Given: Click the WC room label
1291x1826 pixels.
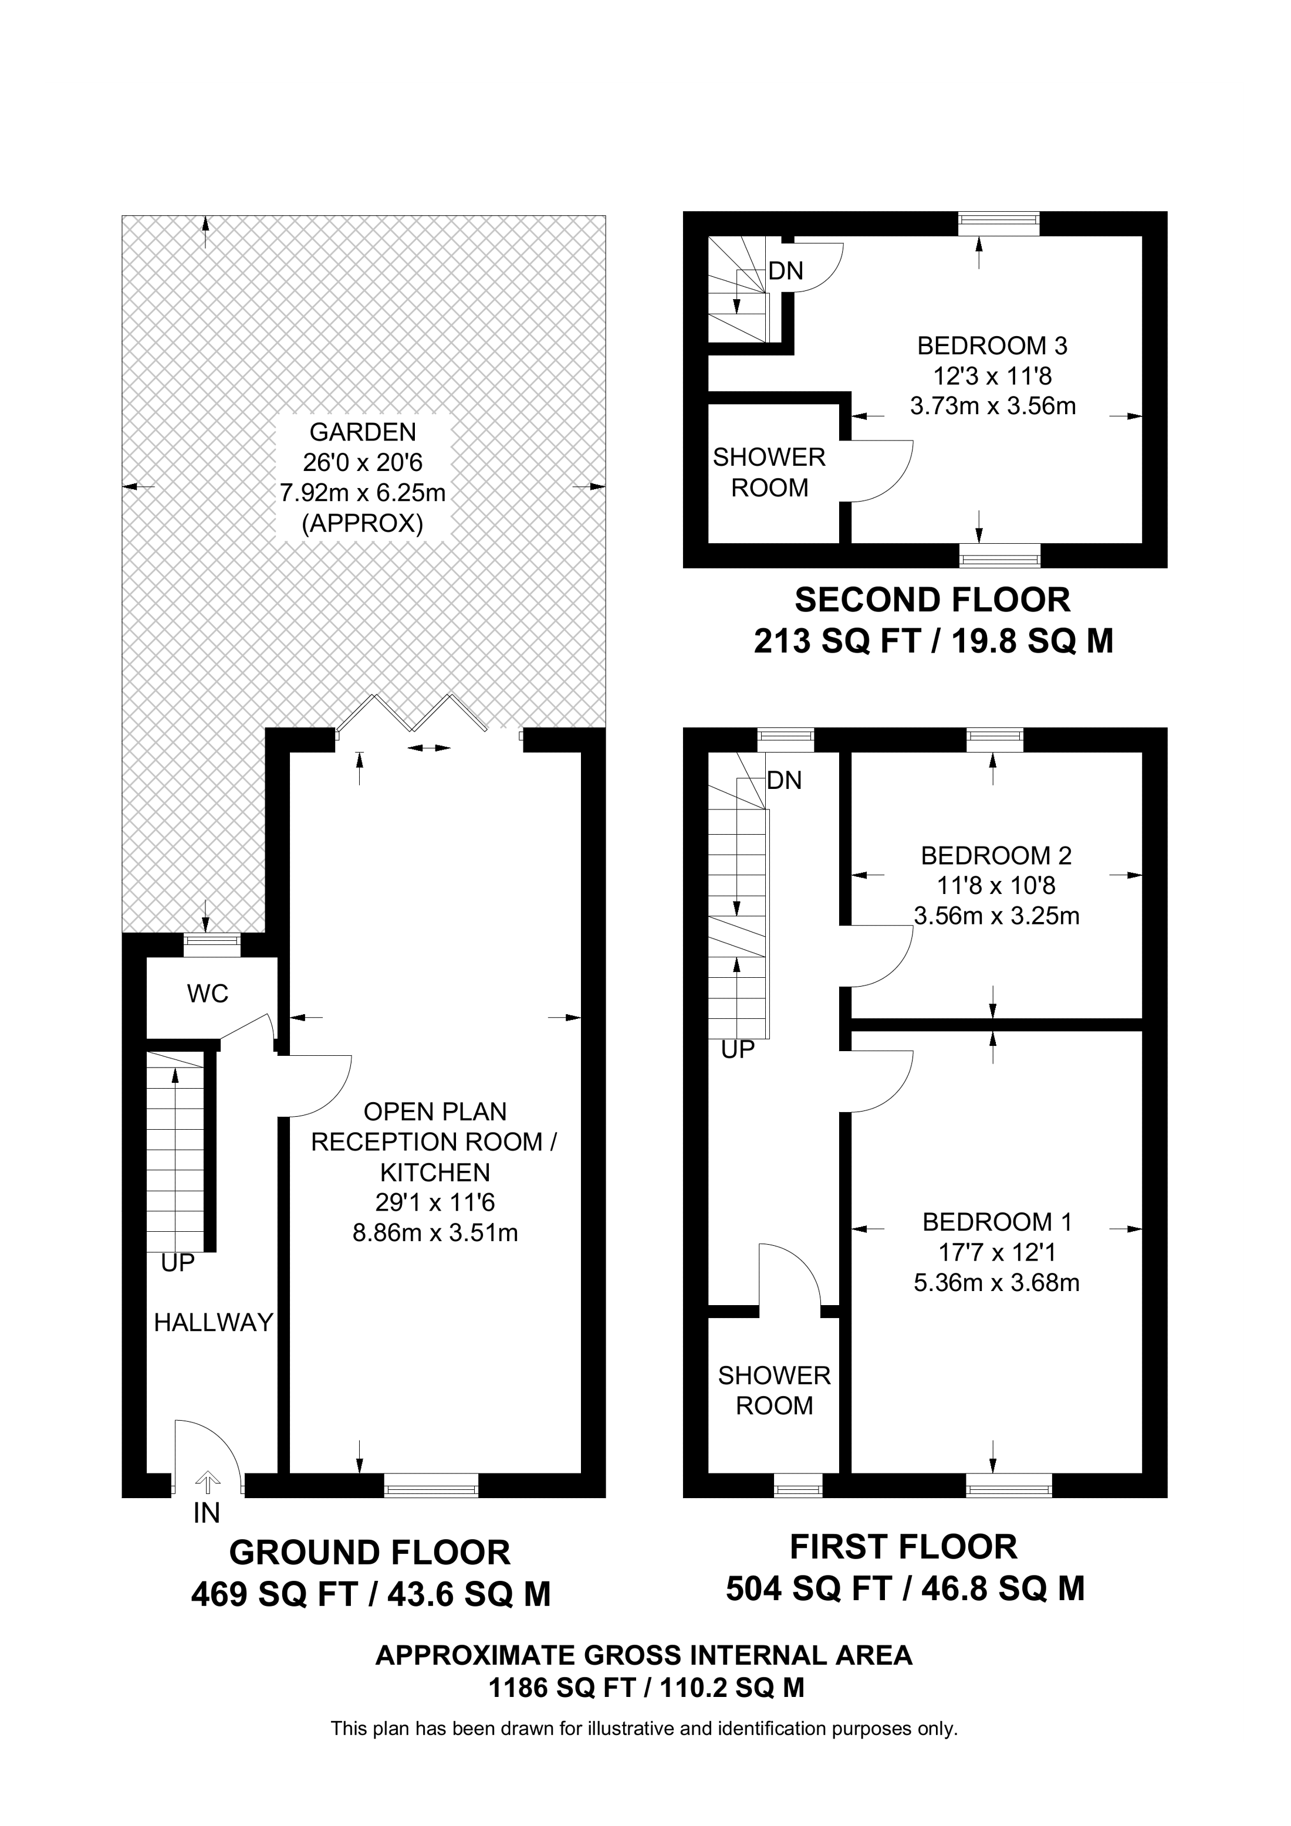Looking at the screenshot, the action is coord(208,993).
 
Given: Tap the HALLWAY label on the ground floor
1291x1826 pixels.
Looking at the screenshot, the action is coord(213,1323).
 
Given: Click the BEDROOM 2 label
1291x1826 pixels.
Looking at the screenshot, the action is coord(996,856).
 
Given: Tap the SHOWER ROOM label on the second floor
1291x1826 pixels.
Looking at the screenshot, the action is coord(769,472).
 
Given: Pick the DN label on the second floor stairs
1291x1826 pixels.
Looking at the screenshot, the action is coord(786,271).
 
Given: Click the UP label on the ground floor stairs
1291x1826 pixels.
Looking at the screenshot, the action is coord(177,1263).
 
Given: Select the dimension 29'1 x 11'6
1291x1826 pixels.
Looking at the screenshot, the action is coord(435,1202).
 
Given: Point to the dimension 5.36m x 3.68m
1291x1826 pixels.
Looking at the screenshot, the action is coord(996,1283).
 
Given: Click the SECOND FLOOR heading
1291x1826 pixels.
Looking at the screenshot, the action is coord(932,599).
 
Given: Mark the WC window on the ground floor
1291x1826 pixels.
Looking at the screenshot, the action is coord(212,945).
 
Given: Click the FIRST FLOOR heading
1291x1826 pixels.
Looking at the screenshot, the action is coord(904,1547).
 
